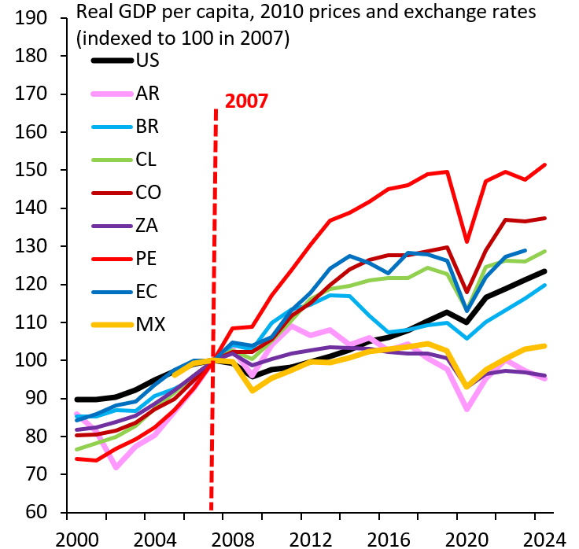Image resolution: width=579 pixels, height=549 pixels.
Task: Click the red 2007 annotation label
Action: [246, 101]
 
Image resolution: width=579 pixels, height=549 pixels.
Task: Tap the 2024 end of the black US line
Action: [545, 271]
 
